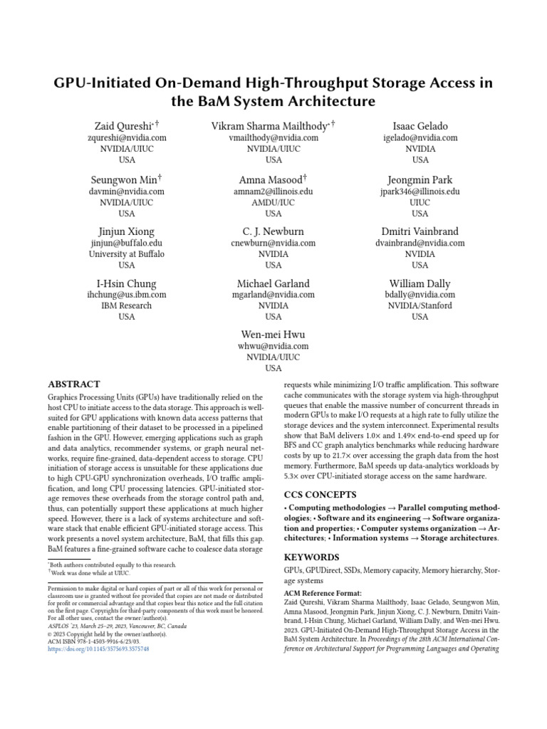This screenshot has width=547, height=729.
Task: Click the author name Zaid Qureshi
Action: pos(125,126)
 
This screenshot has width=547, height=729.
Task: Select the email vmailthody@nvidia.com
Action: pos(273,138)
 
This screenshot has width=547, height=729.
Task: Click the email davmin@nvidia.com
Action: pos(127,192)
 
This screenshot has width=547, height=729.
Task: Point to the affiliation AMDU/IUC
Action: pos(273,202)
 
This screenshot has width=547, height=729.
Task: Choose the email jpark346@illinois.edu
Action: pos(420,192)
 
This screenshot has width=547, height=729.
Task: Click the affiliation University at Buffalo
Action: pos(127,254)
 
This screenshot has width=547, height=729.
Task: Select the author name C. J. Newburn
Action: pos(273,231)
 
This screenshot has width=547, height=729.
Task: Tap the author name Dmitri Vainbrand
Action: pos(420,231)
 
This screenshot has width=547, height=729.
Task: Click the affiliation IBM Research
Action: pos(127,306)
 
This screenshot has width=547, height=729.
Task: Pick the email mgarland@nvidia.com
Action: pos(273,295)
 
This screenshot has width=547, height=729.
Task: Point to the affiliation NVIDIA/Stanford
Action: pos(420,306)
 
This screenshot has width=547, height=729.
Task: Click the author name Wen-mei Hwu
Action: pos(273,334)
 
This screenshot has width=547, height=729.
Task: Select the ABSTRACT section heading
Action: pos(74,384)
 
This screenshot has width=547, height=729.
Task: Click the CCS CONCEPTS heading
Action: pos(321,494)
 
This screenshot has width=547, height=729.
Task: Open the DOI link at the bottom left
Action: pos(98,649)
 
